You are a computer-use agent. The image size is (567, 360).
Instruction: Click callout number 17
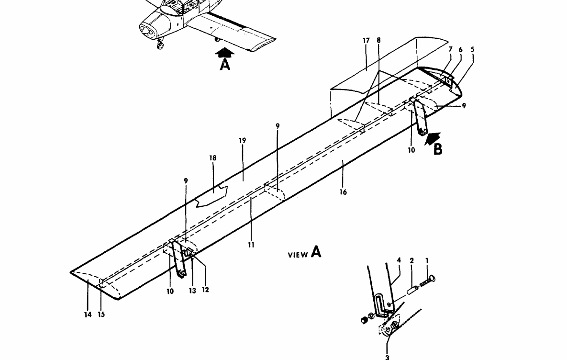(366, 41)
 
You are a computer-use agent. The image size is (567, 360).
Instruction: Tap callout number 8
(378, 41)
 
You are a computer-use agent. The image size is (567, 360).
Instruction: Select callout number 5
(473, 49)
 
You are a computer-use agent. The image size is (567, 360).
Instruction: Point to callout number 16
(343, 192)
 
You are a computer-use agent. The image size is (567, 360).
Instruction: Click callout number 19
(242, 141)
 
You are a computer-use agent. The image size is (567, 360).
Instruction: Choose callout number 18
(213, 158)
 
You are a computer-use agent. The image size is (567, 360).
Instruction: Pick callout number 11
(251, 245)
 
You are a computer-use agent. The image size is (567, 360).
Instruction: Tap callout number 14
(88, 315)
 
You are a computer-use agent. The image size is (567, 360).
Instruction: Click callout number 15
(101, 315)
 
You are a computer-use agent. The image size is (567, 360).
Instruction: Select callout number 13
(192, 291)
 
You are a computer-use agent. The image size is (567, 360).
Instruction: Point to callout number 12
(206, 290)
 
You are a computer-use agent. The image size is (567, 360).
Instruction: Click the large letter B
(438, 149)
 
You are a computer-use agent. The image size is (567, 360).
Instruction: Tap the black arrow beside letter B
(433, 138)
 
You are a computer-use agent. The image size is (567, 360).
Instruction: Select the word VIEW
(297, 255)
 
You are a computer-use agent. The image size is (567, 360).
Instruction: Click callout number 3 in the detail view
(388, 357)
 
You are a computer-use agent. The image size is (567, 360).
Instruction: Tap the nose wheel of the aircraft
(160, 46)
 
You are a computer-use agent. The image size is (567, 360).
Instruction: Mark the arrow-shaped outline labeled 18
(211, 196)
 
